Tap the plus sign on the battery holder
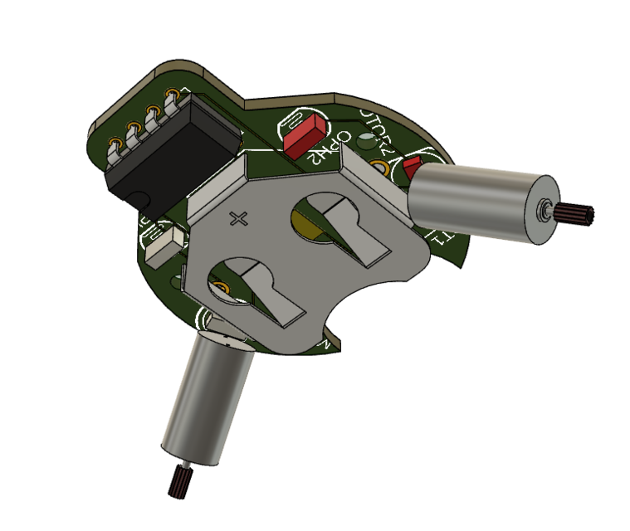coord(241,219)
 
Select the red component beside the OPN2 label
coord(305,134)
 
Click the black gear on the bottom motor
coord(179,481)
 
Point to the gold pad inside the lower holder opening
coord(222,286)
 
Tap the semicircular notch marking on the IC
coord(140,197)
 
